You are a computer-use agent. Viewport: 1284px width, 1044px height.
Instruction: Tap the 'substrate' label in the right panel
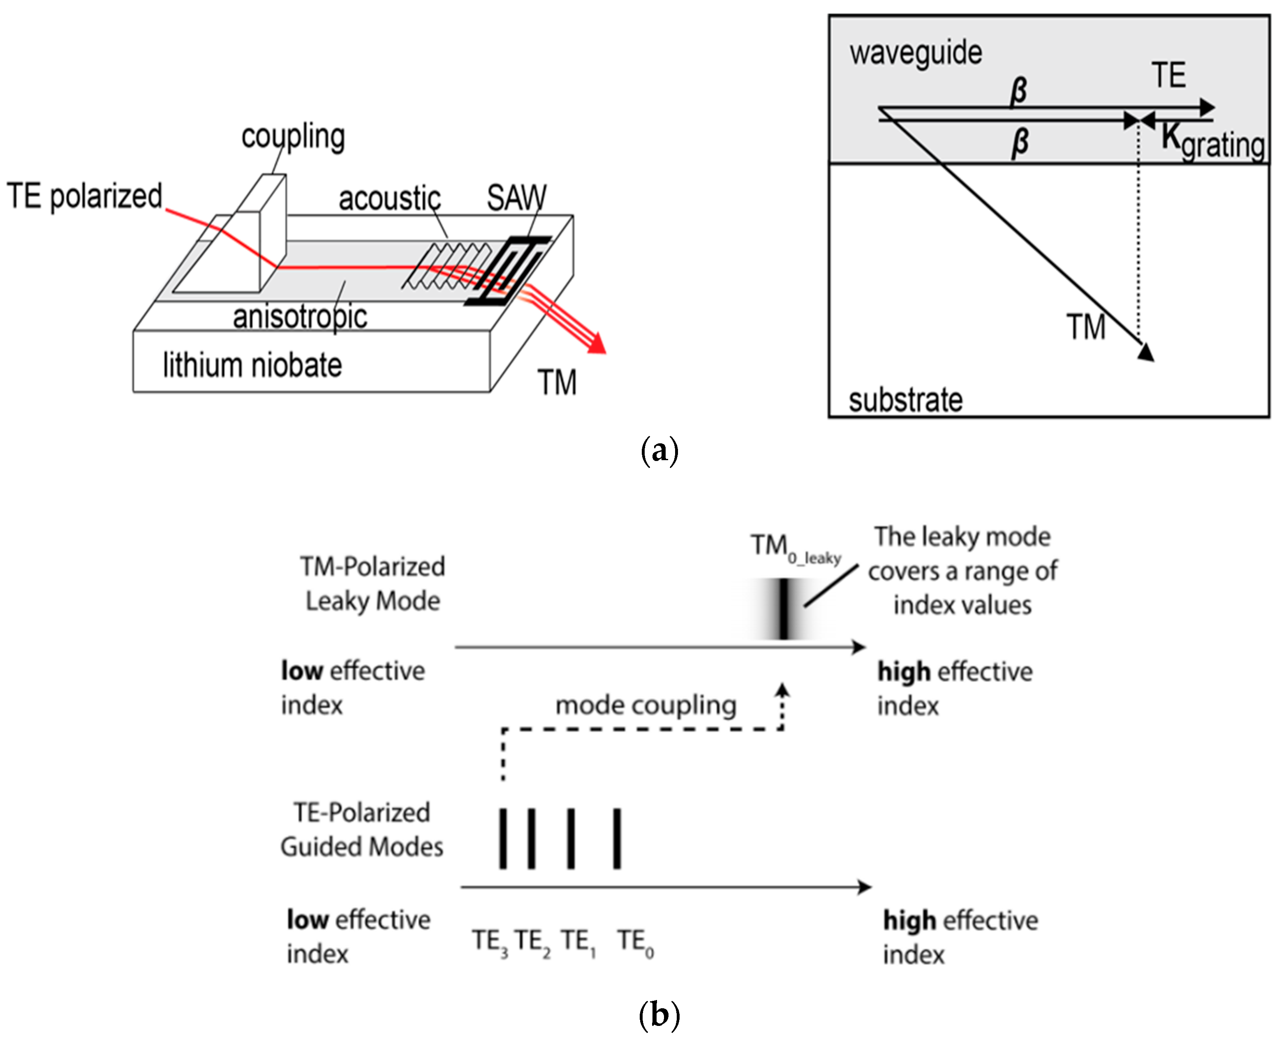tap(905, 400)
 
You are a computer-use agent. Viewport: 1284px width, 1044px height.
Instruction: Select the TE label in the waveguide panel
tap(1168, 76)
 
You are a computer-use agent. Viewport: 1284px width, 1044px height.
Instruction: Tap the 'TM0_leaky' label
tap(795, 548)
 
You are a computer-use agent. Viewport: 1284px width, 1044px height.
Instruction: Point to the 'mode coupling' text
tap(645, 705)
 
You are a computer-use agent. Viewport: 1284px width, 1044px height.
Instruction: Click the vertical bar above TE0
tap(617, 838)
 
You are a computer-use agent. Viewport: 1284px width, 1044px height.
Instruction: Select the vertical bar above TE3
tap(503, 838)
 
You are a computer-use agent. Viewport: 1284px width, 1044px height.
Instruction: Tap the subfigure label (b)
tap(659, 1015)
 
